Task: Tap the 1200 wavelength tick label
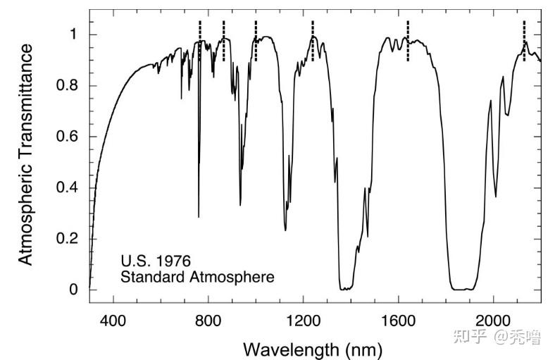point(303,322)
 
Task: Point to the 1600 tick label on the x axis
point(399,322)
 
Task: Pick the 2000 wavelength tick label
point(493,322)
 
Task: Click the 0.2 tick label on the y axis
point(67,238)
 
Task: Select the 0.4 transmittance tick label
point(67,187)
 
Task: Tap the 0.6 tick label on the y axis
point(67,137)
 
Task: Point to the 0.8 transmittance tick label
point(67,86)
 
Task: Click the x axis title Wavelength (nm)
point(313,348)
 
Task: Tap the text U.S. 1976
point(156,261)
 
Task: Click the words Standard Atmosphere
point(197,277)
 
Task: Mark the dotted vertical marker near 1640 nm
point(408,41)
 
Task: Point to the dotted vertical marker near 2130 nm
point(524,32)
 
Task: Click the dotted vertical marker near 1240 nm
point(313,41)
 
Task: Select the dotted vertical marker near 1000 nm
point(256,41)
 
